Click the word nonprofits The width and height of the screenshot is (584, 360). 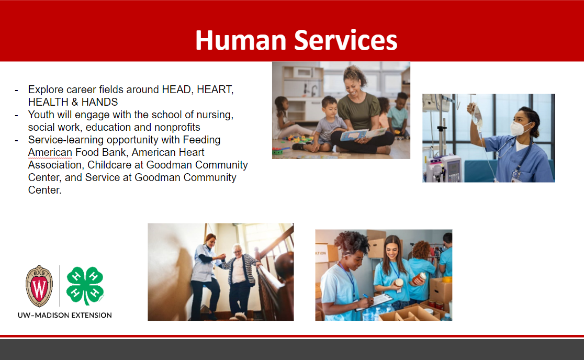(x=177, y=127)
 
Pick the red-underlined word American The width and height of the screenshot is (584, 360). (x=50, y=153)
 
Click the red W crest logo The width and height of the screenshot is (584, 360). (x=39, y=286)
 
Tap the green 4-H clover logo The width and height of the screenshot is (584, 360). (x=85, y=286)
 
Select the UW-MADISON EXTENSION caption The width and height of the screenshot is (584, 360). (x=65, y=316)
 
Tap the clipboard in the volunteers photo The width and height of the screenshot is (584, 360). (x=374, y=302)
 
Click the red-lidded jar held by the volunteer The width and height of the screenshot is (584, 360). (x=419, y=278)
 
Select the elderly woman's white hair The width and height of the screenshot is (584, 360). (x=237, y=249)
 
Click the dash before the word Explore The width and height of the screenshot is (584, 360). (x=16, y=91)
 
